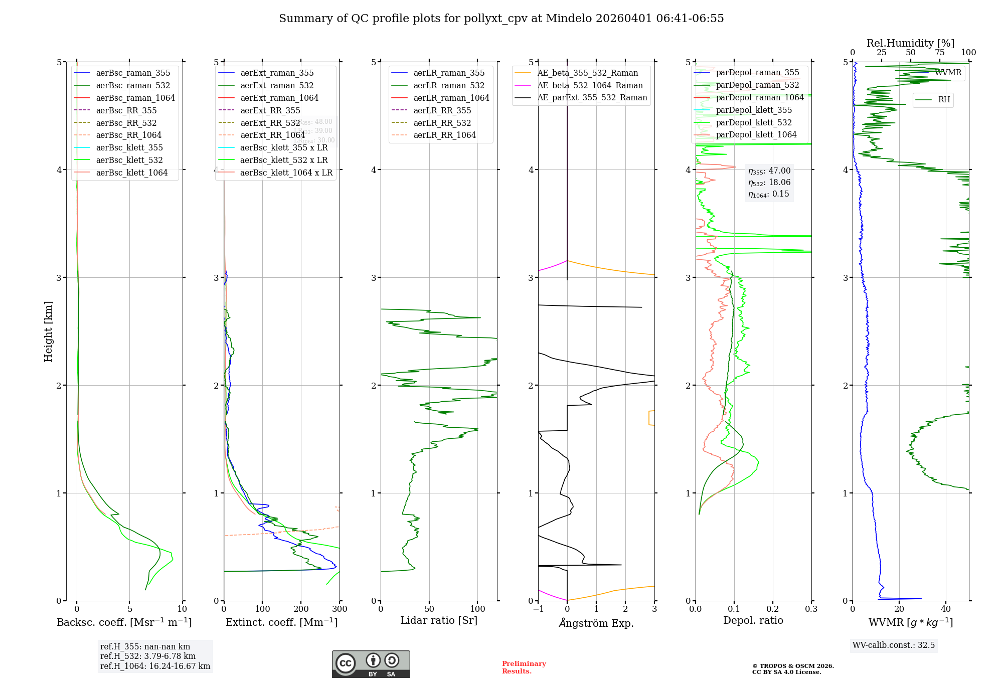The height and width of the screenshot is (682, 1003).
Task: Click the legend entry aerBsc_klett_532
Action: [129, 160]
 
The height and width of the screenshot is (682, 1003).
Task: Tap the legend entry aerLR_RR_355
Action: [442, 111]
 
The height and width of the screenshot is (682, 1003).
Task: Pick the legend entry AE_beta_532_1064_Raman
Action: [590, 86]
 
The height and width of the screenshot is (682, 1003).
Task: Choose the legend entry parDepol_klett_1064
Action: [756, 135]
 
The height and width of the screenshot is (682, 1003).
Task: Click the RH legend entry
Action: [944, 100]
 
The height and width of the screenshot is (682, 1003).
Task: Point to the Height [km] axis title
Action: [48, 331]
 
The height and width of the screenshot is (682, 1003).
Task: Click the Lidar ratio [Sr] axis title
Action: [438, 621]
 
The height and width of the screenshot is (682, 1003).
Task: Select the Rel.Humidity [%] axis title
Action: [910, 43]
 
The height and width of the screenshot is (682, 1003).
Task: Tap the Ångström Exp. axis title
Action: [596, 623]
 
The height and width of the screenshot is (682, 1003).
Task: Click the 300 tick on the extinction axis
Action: [340, 609]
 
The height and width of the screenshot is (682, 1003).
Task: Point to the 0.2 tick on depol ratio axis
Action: [773, 609]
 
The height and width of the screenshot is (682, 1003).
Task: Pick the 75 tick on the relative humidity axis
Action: [939, 53]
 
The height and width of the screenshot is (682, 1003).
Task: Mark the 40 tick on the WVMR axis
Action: [946, 609]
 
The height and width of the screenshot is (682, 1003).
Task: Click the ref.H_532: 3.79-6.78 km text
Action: [147, 656]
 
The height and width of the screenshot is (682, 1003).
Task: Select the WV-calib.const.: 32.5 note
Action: [893, 645]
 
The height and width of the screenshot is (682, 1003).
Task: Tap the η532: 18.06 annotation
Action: [769, 183]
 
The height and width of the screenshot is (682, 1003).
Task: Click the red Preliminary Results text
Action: [524, 667]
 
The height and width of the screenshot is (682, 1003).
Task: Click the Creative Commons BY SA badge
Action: [371, 664]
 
